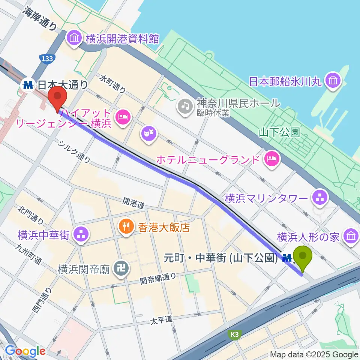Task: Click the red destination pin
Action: click(57, 97)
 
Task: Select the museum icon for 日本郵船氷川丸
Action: click(332, 81)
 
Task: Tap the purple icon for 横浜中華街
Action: click(80, 235)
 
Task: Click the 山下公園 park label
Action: click(279, 132)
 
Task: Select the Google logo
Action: click(25, 351)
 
